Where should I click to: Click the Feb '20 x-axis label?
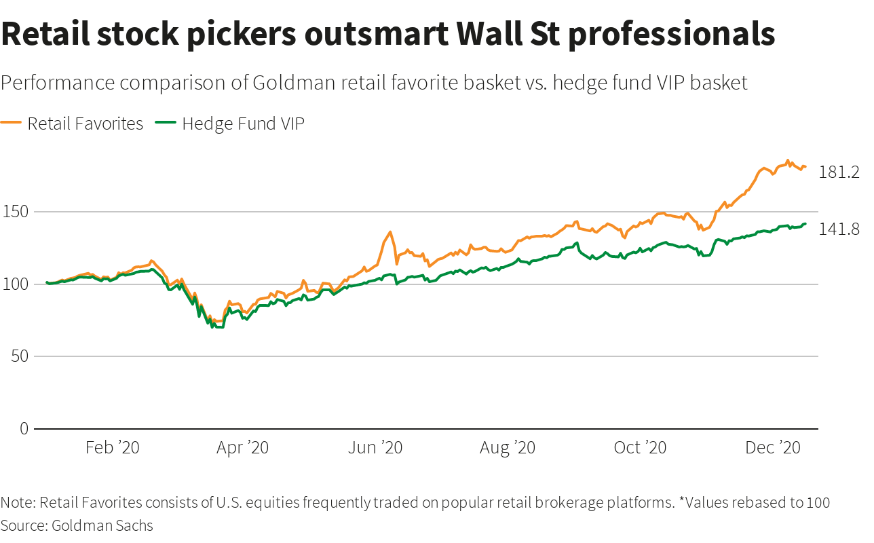click(x=113, y=448)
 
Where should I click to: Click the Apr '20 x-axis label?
click(x=243, y=448)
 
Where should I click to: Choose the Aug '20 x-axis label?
click(x=508, y=448)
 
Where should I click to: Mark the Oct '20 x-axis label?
click(x=640, y=448)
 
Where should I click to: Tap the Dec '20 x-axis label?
click(x=773, y=448)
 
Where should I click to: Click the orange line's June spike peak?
click(x=390, y=233)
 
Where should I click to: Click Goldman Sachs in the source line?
click(x=102, y=525)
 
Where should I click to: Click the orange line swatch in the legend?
click(x=12, y=124)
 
